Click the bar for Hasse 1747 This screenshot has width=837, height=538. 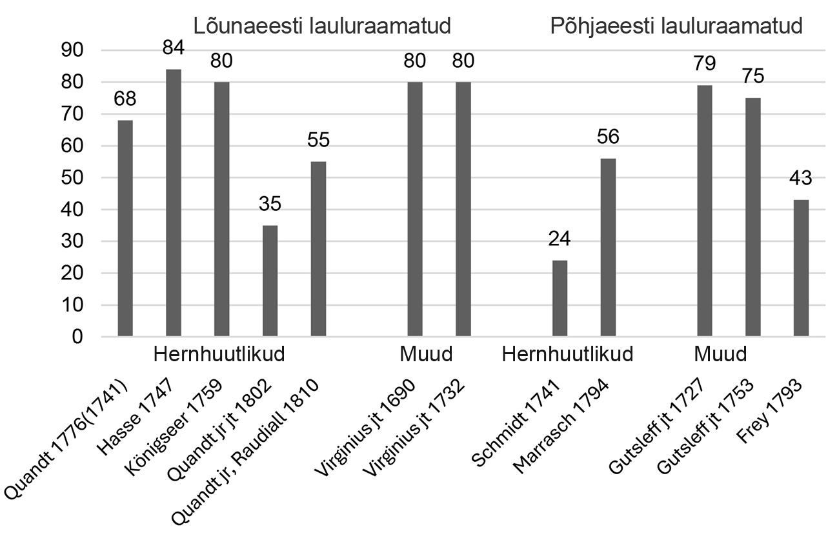tap(174, 203)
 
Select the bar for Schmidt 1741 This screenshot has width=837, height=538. tap(560, 298)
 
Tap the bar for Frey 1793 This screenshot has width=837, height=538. tap(801, 268)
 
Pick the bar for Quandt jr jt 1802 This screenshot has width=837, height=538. tap(270, 281)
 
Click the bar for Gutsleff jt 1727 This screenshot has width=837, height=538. tap(705, 211)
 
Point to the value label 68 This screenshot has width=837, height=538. tap(125, 99)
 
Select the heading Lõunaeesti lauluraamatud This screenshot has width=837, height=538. tap(323, 26)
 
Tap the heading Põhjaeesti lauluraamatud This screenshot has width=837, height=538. tap(676, 26)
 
